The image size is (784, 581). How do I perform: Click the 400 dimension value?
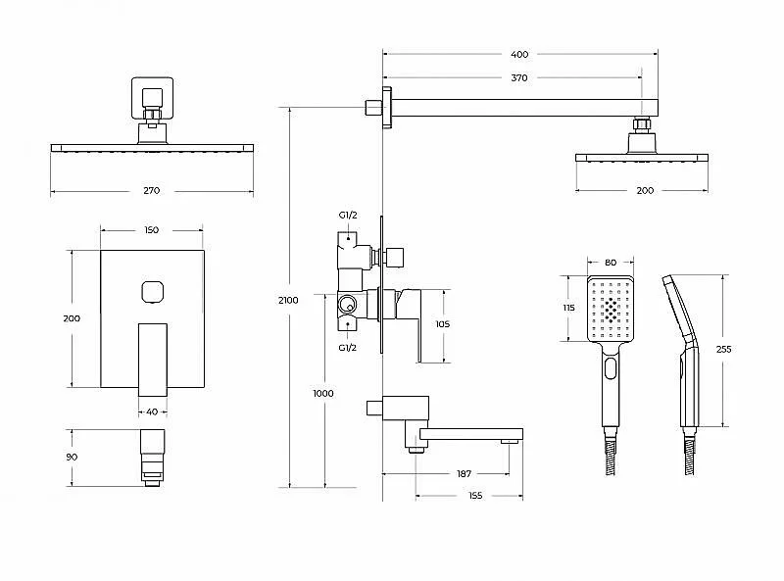pos(519,54)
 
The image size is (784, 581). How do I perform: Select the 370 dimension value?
pos(519,77)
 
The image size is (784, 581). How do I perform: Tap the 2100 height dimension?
pos(288,300)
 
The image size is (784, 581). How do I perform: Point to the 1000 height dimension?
pos(323,394)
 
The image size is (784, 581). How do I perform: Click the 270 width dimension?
pos(152,190)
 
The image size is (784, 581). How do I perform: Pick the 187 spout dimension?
pos(464,473)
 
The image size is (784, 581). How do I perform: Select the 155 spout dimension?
pos(475,496)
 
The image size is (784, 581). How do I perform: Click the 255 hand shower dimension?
pos(723,349)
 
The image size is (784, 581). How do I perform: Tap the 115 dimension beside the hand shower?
pos(569,308)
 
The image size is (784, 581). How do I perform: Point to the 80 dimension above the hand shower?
pos(611,262)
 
